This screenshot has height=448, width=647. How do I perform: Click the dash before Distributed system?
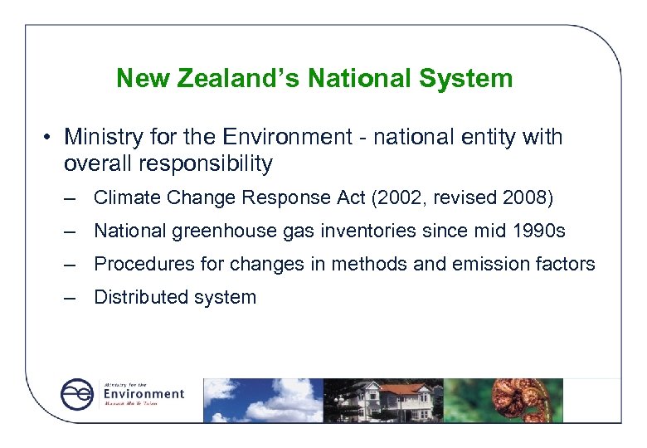tap(73, 297)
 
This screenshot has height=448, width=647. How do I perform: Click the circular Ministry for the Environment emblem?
tap(77, 394)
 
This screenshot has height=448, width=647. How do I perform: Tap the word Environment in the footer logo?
tap(144, 394)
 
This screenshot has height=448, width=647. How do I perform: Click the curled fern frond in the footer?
tap(507, 399)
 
